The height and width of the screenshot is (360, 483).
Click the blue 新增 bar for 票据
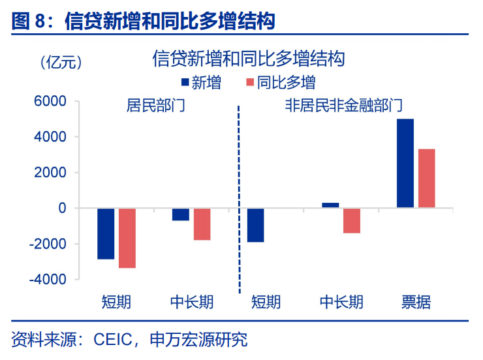(x=405, y=163)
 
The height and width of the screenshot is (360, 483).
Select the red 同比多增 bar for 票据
(x=426, y=178)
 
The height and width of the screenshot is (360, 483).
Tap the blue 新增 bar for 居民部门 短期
(x=106, y=233)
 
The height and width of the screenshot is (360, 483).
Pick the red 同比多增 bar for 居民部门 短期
(x=127, y=238)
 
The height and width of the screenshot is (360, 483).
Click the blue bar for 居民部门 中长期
(x=181, y=215)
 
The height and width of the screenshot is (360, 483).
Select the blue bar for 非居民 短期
(x=255, y=225)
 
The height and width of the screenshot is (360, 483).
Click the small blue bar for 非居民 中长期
(x=330, y=205)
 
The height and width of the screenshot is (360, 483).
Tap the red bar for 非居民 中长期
(x=351, y=220)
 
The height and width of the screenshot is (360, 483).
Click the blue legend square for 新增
(x=185, y=83)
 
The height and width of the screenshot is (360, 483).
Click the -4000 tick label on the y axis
(x=50, y=279)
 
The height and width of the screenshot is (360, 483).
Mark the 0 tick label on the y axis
(x=62, y=208)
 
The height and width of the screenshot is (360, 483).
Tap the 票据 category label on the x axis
(x=416, y=302)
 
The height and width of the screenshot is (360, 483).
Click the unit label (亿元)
(x=60, y=63)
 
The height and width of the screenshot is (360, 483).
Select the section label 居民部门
(x=155, y=106)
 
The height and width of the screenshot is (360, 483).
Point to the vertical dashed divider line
(x=239, y=196)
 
